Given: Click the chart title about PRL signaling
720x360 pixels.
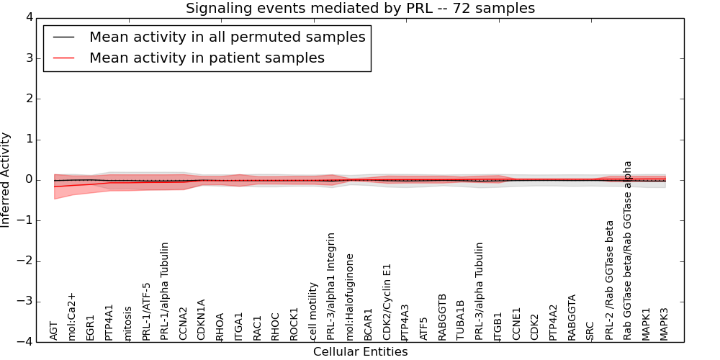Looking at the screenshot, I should point(360,9).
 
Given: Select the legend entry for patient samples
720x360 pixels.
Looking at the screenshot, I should point(207,58).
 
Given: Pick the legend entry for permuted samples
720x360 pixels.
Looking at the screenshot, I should point(227,37).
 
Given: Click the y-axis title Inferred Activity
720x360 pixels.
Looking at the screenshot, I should point(6,180).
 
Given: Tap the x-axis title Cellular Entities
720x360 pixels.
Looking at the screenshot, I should point(360,352).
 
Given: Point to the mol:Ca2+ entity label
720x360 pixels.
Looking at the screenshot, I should point(72,316).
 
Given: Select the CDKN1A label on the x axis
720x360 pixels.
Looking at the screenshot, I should point(202,320).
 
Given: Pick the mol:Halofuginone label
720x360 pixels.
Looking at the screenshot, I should point(350,297).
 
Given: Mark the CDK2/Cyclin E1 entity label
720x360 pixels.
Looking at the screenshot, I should point(387,302).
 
